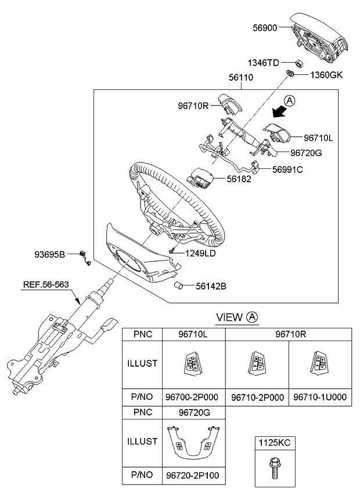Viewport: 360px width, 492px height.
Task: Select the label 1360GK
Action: tap(327, 75)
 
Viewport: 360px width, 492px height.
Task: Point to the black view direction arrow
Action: tap(282, 110)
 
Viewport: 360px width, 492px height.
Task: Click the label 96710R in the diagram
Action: tap(193, 106)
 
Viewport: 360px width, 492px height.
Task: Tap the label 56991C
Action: tap(288, 169)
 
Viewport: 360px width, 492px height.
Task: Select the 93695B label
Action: tap(51, 254)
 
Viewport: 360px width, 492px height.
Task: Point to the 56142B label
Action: tap(210, 285)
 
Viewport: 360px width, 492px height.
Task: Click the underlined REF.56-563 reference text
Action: tap(46, 285)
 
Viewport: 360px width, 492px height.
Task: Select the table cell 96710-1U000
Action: tap(320, 397)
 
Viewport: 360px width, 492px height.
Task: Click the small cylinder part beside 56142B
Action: tap(181, 286)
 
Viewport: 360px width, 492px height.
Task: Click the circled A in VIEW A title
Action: tap(253, 317)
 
